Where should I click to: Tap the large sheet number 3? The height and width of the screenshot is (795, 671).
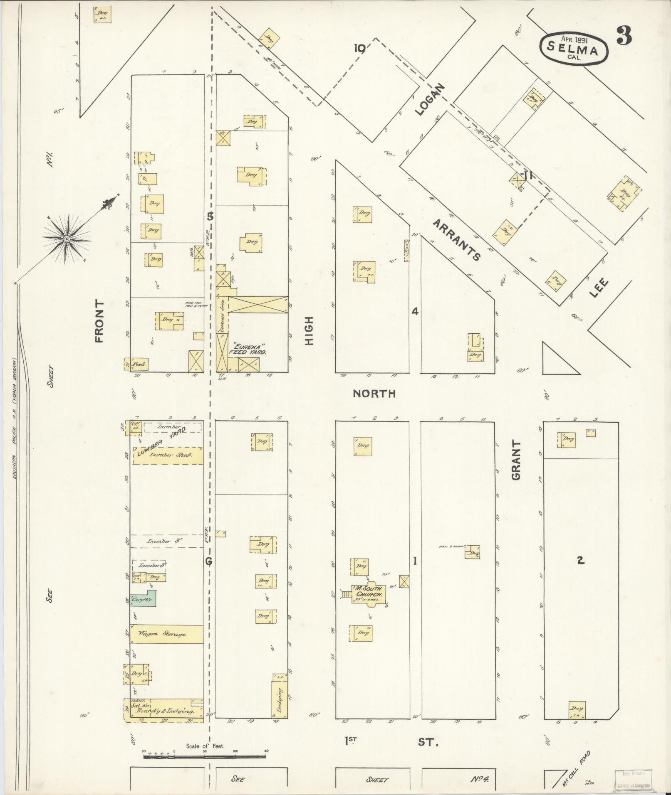pos(624,36)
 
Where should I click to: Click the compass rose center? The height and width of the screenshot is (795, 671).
pos(66,239)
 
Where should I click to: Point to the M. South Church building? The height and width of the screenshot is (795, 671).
pos(369,591)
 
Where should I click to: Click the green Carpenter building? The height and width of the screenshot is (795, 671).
pos(143,599)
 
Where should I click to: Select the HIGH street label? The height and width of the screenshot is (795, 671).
pos(309,330)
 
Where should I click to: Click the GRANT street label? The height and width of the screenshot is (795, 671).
pos(516,460)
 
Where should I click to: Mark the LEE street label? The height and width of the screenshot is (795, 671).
pos(599,288)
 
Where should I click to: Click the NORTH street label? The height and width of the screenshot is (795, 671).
pos(374,393)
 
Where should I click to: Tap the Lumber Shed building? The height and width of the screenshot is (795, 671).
pos(168,455)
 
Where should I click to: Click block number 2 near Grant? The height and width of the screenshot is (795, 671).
pos(580,561)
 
